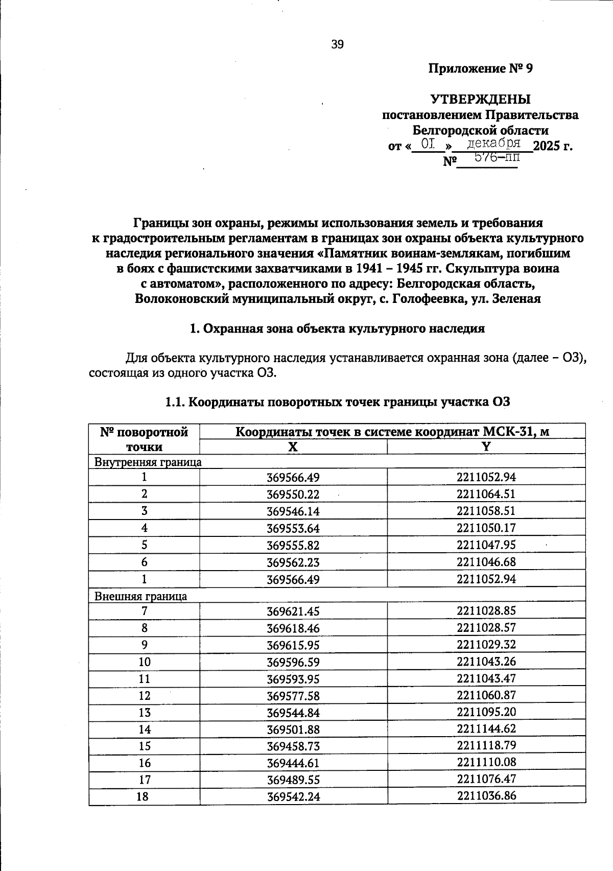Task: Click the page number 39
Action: [x=338, y=44]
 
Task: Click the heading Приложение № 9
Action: [x=480, y=68]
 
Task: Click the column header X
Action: [x=293, y=447]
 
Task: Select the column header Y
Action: [x=486, y=446]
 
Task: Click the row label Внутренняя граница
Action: [x=148, y=462]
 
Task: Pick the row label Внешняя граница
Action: [x=141, y=596]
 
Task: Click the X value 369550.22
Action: [x=293, y=495]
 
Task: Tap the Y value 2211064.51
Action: [x=486, y=494]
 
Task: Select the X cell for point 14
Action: [x=293, y=729]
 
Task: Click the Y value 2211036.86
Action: [x=486, y=795]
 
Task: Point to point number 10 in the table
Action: [x=145, y=662]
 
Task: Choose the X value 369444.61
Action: [x=293, y=763]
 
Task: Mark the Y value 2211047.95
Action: [x=486, y=545]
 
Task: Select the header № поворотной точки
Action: [x=144, y=439]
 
